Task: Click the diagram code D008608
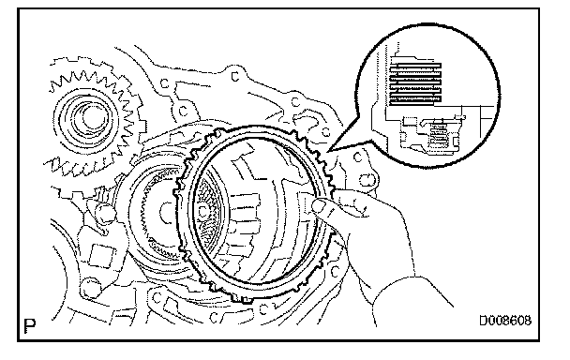point(505,321)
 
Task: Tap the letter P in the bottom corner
point(30,325)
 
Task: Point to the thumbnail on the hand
point(320,206)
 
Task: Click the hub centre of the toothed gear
point(91,117)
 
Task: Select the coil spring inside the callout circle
point(437,134)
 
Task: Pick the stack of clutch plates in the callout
point(415,83)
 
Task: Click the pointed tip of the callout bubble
point(328,151)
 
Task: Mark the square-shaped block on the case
point(101,256)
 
